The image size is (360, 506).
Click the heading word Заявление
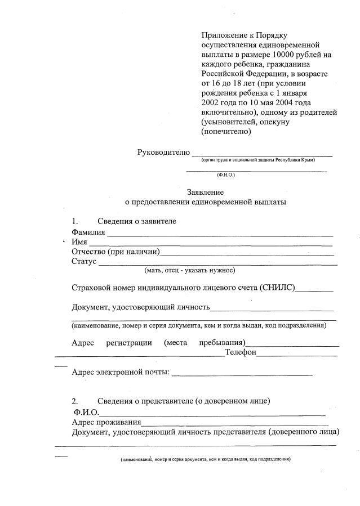tap(206, 191)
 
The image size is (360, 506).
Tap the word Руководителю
tap(164, 153)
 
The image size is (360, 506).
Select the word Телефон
tap(241, 352)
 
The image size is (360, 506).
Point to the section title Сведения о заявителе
tap(137, 221)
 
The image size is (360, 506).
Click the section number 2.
tap(75, 401)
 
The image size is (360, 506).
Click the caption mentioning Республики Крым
tap(261, 160)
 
